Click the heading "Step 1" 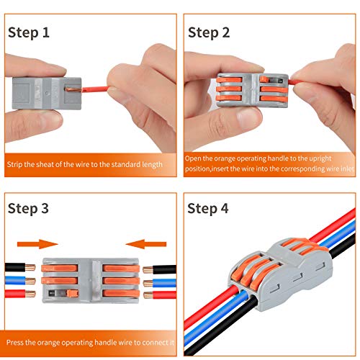(29, 33)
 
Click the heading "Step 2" (209, 33)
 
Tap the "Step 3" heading (28, 208)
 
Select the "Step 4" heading (208, 208)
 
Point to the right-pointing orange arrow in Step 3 (37, 244)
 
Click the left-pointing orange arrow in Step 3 (146, 244)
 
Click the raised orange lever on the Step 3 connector (73, 293)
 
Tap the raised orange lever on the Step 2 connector (264, 79)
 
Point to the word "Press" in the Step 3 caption (15, 342)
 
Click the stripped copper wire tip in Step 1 (74, 89)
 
